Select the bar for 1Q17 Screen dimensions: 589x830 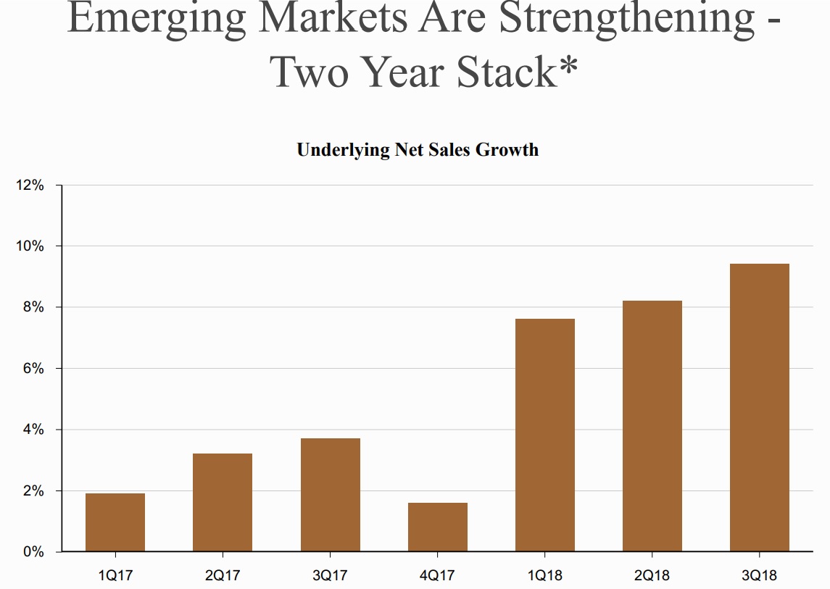pyautogui.click(x=115, y=522)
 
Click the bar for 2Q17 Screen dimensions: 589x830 pyautogui.click(x=223, y=503)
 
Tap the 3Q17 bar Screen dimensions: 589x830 pyautogui.click(x=331, y=495)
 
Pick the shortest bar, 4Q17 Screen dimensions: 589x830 pyautogui.click(x=438, y=527)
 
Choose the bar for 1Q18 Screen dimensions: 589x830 pyautogui.click(x=545, y=435)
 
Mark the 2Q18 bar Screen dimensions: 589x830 pyautogui.click(x=652, y=426)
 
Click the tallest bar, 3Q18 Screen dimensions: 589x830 pyautogui.click(x=760, y=407)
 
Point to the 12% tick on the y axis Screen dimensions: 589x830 pyautogui.click(x=30, y=185)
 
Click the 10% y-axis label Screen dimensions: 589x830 pyautogui.click(x=30, y=246)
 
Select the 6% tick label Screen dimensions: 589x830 pyautogui.click(x=33, y=369)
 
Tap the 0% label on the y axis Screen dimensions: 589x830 pyautogui.click(x=33, y=552)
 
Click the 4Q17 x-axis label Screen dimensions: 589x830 pyautogui.click(x=438, y=576)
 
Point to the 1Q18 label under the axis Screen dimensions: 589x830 pyautogui.click(x=545, y=576)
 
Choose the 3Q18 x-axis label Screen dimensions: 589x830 pyautogui.click(x=760, y=576)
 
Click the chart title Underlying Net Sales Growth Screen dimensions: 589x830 pyautogui.click(x=418, y=150)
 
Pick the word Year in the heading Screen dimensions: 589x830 pyautogui.click(x=402, y=71)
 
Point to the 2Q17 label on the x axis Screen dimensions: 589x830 pyautogui.click(x=223, y=576)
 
